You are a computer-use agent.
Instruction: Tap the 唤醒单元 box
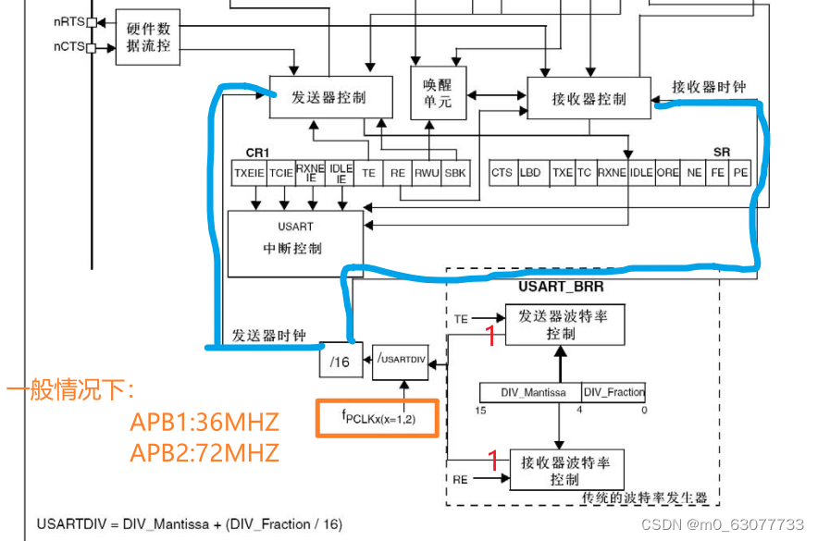coord(439,92)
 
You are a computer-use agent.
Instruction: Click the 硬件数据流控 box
coord(148,37)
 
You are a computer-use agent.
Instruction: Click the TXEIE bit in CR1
coord(249,172)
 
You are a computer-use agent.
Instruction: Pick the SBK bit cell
coord(455,172)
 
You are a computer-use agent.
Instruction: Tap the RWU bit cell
coord(427,172)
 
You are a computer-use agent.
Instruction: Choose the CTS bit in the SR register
coord(502,172)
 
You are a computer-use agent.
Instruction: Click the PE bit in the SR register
coord(741,172)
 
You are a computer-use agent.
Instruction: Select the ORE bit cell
coord(668,172)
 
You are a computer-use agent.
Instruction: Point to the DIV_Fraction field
coord(613,392)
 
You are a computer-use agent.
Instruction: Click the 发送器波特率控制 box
coord(563,325)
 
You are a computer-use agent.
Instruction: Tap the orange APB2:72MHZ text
coord(204,452)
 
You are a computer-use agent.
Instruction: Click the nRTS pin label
coord(70,21)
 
